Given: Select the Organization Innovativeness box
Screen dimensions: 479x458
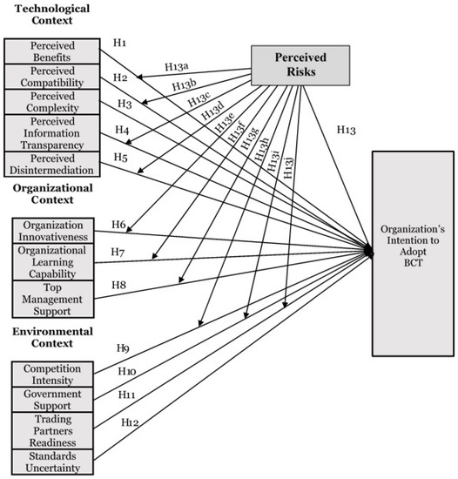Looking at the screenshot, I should [x=57, y=230].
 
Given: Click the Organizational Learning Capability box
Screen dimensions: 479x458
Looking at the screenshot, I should [x=57, y=261].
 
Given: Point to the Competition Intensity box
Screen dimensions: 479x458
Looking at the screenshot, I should [x=52, y=374].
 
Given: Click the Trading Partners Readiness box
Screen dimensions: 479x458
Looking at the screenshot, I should [x=52, y=430].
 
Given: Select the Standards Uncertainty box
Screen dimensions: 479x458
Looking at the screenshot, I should [x=52, y=462].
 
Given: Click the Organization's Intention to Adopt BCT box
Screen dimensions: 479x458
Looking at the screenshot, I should [x=413, y=253].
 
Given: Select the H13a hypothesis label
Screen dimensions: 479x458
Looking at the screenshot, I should [x=178, y=65].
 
